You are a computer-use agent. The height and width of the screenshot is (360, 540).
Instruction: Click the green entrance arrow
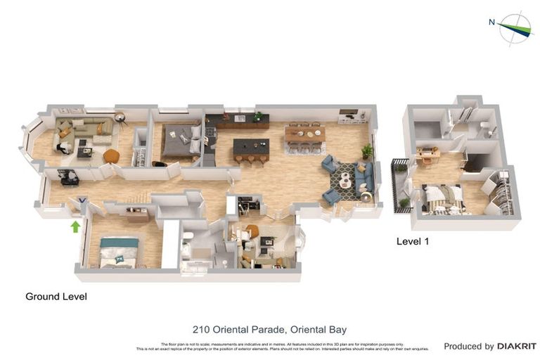[76, 226]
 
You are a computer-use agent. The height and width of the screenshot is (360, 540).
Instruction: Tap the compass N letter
[491, 22]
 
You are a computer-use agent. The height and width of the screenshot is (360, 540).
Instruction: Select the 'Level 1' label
[413, 241]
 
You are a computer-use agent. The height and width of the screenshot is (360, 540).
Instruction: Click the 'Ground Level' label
[56, 297]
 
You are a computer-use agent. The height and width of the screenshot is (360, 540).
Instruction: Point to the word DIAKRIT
[517, 346]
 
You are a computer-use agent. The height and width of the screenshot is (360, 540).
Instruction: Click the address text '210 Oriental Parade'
[235, 329]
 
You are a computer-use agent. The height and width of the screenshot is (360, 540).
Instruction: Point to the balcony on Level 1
[399, 186]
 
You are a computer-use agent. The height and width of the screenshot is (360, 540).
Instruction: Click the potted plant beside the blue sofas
[366, 150]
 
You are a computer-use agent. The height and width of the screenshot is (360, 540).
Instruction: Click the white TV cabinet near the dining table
[349, 116]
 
